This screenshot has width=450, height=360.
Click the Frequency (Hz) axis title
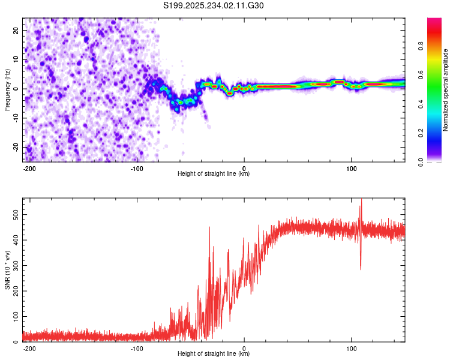(7, 90)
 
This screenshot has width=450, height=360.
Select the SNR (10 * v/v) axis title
(7, 269)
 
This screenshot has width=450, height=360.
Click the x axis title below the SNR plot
(214, 355)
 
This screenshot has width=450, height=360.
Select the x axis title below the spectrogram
(214, 174)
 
